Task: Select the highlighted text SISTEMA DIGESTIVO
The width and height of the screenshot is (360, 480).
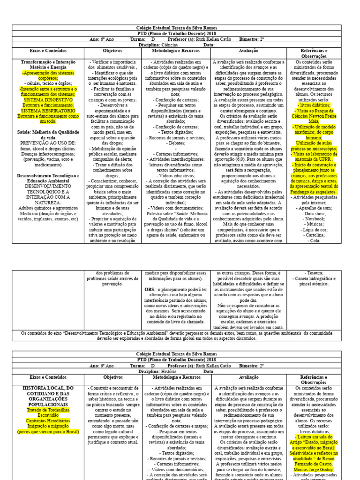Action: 48,100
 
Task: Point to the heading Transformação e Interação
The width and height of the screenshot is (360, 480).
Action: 48,62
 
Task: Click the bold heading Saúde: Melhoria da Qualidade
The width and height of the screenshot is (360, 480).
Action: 48,133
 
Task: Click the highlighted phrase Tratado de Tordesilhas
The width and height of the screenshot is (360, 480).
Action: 48,409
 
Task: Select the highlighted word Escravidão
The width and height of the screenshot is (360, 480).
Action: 48,415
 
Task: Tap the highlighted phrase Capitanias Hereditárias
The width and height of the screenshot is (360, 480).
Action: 48,420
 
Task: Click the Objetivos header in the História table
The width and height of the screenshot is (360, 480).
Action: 112,377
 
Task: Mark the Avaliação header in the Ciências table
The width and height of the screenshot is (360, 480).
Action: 248,51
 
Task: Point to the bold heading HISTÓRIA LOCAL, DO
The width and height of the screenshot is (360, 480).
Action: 48,388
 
